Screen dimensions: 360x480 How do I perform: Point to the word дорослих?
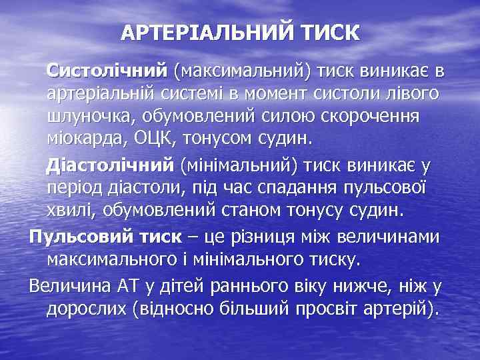(x=87, y=310)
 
